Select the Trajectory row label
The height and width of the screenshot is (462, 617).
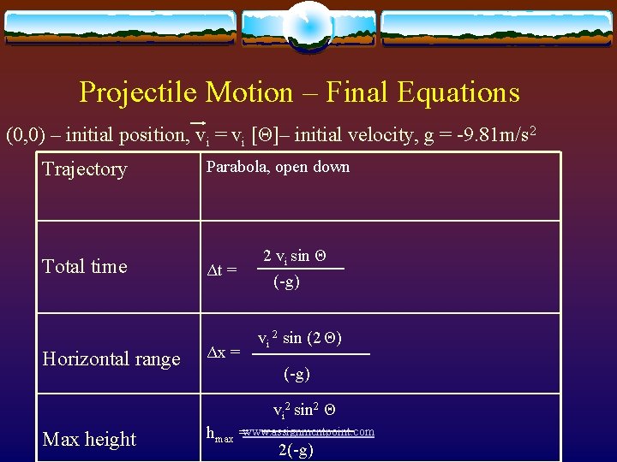point(85,169)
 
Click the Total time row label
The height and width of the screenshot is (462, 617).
point(85,266)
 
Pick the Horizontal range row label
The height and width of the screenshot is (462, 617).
point(111,359)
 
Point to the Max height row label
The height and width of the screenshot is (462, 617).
point(90,439)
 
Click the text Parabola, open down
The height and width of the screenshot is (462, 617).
point(278,167)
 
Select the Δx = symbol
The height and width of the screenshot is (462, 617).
point(225,352)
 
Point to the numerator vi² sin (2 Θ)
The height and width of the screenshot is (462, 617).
point(300,339)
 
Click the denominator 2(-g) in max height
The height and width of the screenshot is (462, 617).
point(296,451)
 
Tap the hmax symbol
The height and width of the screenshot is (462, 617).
point(220,434)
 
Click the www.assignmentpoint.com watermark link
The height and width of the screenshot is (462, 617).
point(309,432)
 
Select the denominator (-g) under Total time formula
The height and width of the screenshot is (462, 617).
point(286,281)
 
